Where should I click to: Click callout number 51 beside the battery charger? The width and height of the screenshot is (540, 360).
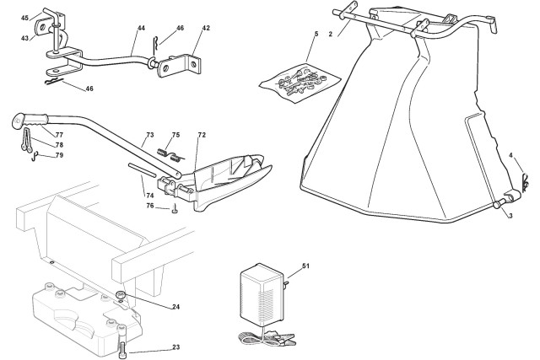coord(305,266)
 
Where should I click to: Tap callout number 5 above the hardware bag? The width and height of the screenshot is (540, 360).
coord(316,34)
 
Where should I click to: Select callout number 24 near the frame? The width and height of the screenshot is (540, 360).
coord(176,307)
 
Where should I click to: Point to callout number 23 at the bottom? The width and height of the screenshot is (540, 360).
coord(176,347)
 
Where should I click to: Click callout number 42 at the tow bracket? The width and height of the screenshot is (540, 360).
coord(206,28)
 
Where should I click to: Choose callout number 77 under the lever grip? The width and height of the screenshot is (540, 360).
coord(59,135)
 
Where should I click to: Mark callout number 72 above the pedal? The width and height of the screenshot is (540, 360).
coord(202,135)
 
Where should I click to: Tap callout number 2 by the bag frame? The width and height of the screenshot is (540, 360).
coord(330,34)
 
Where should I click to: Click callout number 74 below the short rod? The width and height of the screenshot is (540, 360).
coord(150,196)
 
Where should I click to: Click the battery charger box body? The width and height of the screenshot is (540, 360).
coord(261,294)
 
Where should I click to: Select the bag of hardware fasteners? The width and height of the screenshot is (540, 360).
coord(299,83)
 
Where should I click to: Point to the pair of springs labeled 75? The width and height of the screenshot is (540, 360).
coord(170,155)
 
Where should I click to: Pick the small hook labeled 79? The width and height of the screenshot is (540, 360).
coord(34,157)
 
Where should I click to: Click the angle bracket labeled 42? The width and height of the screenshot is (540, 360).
coord(178,66)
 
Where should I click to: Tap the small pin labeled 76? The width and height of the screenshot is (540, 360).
coord(175,209)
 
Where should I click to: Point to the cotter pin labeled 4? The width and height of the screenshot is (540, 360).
coord(524,181)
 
